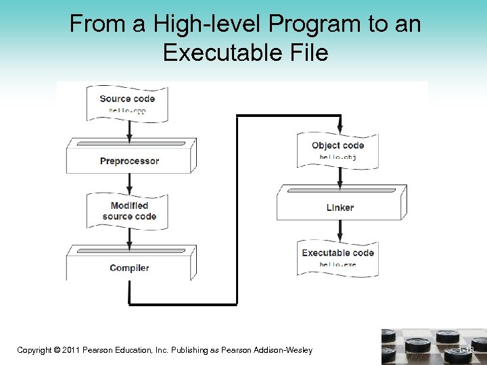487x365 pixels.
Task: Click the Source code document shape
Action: point(127,103)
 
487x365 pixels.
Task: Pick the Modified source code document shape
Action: point(129,210)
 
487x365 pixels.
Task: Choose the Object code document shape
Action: point(338,150)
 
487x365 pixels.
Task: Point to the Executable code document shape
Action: point(338,257)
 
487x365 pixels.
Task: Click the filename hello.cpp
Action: point(128,110)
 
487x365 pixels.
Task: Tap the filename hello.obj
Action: point(338,157)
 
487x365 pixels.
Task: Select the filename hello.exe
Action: point(338,264)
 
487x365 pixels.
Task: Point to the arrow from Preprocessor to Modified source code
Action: point(129,183)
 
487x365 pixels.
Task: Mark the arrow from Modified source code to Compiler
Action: point(129,237)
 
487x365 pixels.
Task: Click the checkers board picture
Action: point(434,347)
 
